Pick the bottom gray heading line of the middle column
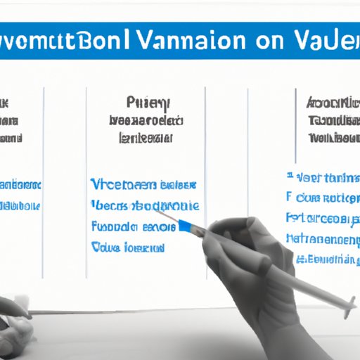click(146, 136)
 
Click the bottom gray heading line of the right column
click(333, 135)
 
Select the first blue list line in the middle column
click(143, 184)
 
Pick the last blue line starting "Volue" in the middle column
click(128, 248)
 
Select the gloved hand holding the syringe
click(243, 246)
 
